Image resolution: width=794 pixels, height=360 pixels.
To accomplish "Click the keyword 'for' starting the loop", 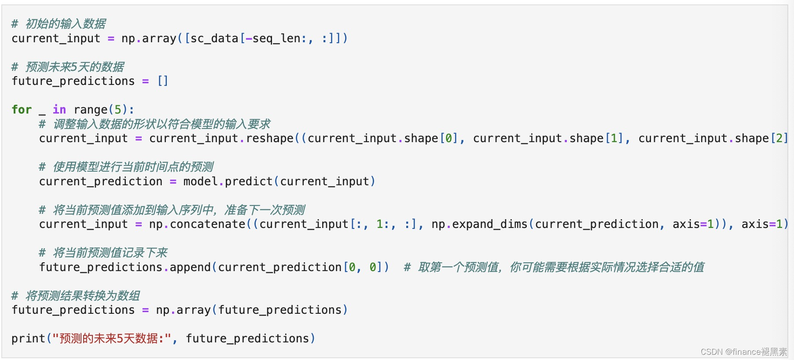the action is coord(22,110).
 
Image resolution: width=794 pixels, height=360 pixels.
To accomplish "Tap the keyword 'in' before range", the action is coord(59,110).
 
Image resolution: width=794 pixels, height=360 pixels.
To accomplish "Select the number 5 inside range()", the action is coord(118,110).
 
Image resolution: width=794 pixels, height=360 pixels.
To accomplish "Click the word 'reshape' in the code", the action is coord(269,138).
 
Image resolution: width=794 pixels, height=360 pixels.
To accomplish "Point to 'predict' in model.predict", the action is coord(249,181).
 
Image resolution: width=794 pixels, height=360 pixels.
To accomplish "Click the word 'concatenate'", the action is coord(207,224).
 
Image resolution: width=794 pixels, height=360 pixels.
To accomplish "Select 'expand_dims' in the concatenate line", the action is coord(489,224).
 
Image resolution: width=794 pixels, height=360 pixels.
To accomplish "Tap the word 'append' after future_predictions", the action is coord(190,267).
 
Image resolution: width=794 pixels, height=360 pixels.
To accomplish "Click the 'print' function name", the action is coord(28,338).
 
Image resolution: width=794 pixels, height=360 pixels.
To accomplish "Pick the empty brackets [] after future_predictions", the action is coord(163,81).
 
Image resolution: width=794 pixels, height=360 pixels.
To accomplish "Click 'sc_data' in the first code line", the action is coord(214,38).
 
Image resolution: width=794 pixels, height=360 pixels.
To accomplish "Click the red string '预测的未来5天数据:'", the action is coord(112,338).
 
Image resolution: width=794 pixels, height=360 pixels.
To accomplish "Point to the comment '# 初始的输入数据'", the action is coord(59,24).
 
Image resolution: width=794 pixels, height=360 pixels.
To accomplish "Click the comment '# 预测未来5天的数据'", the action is coord(68,67).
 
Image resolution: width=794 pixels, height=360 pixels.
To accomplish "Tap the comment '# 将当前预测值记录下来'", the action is coord(103,253).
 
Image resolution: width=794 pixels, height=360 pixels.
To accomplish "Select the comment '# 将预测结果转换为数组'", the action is coord(76,296).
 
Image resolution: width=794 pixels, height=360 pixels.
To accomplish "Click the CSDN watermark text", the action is coord(743,352).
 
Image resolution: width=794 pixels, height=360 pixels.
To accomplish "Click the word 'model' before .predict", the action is coord(200,181).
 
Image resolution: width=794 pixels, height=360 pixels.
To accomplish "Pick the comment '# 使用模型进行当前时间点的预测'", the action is coord(126,167).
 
